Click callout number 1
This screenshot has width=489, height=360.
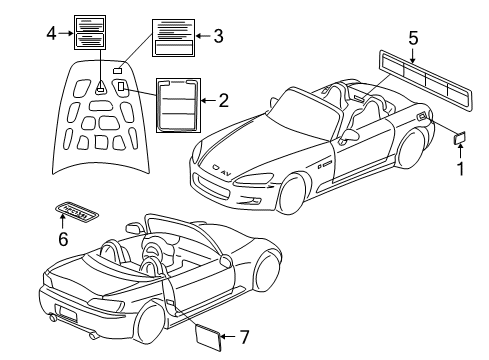tap(461, 169)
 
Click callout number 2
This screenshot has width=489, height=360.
tap(223, 100)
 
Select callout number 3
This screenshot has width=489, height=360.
tap(218, 36)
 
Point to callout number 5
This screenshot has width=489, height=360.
tap(414, 39)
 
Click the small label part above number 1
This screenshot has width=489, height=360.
tap(459, 139)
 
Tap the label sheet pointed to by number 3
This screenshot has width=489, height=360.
tap(172, 36)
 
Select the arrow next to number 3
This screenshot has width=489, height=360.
tap(202, 36)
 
